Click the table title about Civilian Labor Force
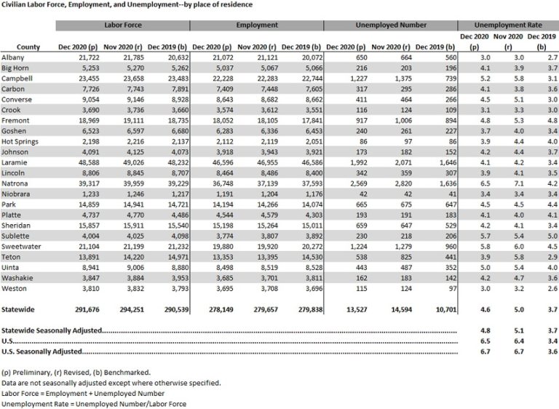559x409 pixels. tap(127, 5)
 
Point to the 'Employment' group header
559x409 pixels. tap(257, 25)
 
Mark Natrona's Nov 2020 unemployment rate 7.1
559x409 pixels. tap(510, 185)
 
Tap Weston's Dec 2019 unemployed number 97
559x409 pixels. tap(444, 288)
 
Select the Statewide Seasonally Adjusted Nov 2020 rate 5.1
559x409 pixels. tap(510, 330)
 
